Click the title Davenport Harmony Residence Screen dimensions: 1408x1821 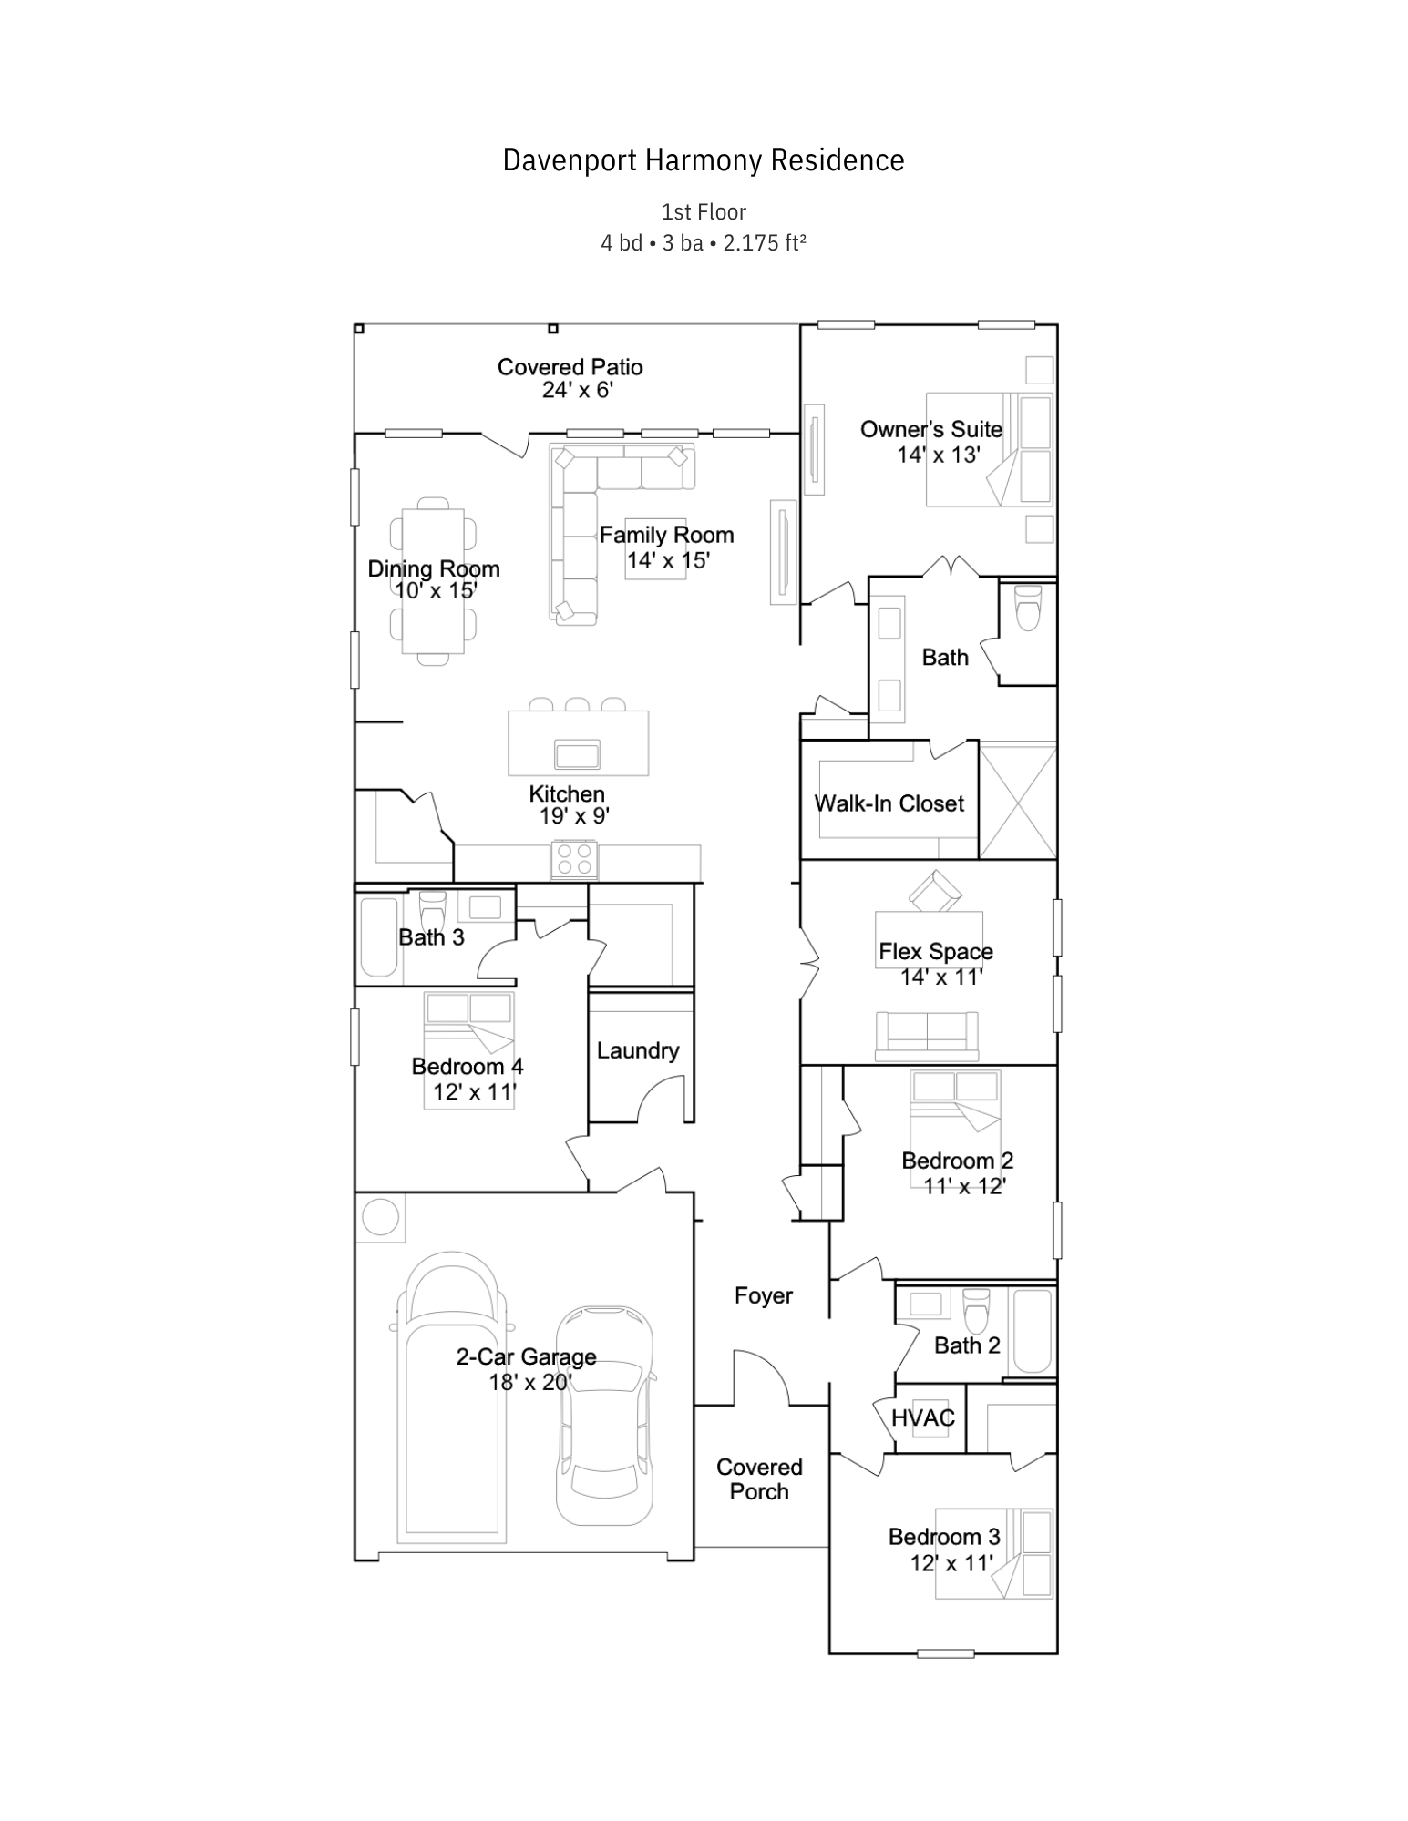tap(704, 160)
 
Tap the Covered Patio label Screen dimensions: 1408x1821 tap(570, 367)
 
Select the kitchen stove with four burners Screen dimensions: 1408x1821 tap(574, 859)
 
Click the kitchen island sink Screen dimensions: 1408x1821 tap(577, 754)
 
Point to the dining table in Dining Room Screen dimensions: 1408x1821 tap(434, 580)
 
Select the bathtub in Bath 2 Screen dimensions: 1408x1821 tap(1033, 1331)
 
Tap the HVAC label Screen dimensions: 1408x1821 tap(923, 1417)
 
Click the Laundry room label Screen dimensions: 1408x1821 tap(638, 1050)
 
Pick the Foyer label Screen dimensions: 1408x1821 tap(764, 1295)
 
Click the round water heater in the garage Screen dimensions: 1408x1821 tap(380, 1217)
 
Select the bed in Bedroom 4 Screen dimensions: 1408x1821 tap(468, 1050)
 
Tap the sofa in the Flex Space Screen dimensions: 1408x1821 tap(927, 1036)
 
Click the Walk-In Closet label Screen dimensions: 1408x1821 tap(889, 803)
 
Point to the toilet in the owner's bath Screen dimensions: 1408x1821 tap(1028, 608)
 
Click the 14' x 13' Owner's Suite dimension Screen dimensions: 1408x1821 tap(938, 455)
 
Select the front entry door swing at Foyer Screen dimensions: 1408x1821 tap(762, 1376)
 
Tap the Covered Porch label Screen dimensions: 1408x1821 tap(759, 1478)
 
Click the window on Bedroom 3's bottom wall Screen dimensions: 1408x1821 tap(945, 1652)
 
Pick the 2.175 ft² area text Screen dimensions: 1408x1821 tap(765, 243)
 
